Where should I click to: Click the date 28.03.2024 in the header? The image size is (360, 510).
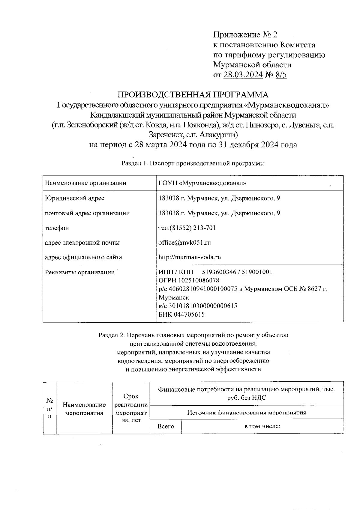pos(243,75)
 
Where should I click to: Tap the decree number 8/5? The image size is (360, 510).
pos(280,75)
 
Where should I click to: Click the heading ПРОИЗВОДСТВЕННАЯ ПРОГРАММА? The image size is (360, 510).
pos(193,95)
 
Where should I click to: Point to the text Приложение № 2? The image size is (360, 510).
pos(245,35)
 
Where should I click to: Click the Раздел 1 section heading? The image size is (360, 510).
pos(193,163)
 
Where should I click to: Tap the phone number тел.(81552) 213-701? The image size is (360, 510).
pos(187,228)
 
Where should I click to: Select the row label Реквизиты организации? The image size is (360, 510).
pos(79,272)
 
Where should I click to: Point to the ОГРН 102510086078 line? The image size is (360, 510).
pos(189,280)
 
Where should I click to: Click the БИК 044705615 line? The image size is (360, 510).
pos(181,315)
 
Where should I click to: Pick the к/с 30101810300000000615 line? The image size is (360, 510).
pos(198,306)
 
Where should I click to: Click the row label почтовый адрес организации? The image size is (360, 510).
pos(87,213)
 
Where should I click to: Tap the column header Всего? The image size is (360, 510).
pos(166,426)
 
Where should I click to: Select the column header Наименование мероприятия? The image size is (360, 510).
pos(84,409)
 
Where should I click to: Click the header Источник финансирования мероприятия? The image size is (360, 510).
pos(247,413)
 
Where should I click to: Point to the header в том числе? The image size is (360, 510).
pos(262,426)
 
